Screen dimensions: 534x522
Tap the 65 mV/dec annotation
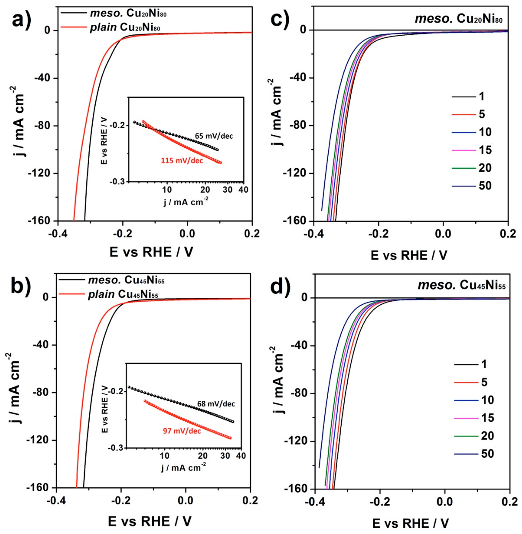pyautogui.click(x=214, y=136)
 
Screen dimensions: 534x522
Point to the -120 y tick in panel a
pyautogui.click(x=41, y=173)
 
